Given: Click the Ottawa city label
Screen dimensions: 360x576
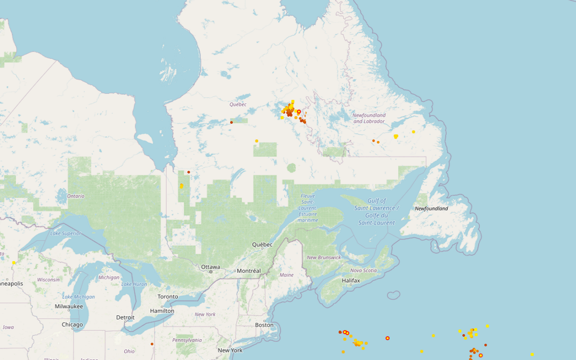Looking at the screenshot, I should pyautogui.click(x=211, y=267).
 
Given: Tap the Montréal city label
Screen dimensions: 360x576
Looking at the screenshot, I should pyautogui.click(x=248, y=271).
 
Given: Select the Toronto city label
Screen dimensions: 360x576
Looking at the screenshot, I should pyautogui.click(x=167, y=297).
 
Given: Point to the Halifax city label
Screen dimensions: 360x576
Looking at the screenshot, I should pyautogui.click(x=351, y=280).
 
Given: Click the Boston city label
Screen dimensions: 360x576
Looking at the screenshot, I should pyautogui.click(x=264, y=325).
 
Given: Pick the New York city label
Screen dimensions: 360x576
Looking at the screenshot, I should pyautogui.click(x=230, y=350).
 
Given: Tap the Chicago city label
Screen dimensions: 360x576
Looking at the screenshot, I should pyautogui.click(x=72, y=324).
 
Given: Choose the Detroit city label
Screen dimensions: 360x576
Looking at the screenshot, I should pyautogui.click(x=125, y=317).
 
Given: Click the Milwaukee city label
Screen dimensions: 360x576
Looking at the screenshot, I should pyautogui.click(x=69, y=306).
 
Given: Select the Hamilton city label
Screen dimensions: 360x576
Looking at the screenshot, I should pyautogui.click(x=162, y=311).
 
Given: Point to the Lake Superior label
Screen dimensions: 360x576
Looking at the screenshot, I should pyautogui.click(x=66, y=233).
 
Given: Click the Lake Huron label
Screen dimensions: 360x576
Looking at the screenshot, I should pyautogui.click(x=134, y=284).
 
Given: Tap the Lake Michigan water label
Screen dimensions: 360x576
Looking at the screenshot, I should pyautogui.click(x=79, y=297).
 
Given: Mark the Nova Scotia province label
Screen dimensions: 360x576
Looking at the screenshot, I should pyautogui.click(x=364, y=270).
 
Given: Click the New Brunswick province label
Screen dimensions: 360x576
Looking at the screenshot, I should pyautogui.click(x=324, y=257).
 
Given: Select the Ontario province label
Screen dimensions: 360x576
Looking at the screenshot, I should pyautogui.click(x=76, y=196).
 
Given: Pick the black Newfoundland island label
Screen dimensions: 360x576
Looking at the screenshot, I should pyautogui.click(x=431, y=209).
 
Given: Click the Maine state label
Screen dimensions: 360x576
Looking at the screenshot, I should pyautogui.click(x=287, y=275).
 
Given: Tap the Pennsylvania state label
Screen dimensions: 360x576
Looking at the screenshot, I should pyautogui.click(x=188, y=340).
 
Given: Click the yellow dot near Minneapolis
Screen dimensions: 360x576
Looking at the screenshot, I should pyautogui.click(x=14, y=262).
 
